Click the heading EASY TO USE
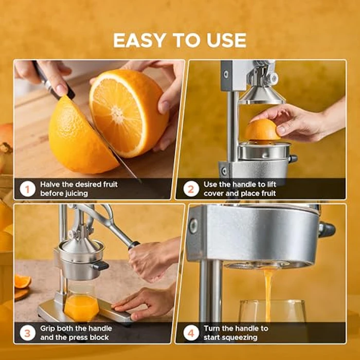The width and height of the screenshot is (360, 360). (179, 40)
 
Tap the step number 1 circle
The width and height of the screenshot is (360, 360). (27, 189)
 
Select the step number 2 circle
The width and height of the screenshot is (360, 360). (190, 189)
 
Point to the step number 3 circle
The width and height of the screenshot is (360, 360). (27, 333)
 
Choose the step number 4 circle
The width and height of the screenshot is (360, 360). (190, 333)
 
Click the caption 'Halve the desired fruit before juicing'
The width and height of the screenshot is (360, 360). (79, 189)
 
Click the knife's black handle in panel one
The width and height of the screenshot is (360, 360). (52, 82)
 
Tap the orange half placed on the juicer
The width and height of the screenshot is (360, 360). (262, 130)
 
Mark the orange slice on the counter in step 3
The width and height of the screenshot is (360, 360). (22, 281)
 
